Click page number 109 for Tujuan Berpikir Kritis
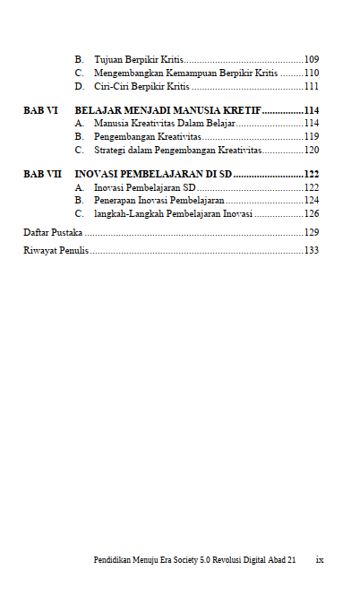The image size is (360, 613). (x=312, y=58)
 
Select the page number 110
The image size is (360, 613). (x=312, y=73)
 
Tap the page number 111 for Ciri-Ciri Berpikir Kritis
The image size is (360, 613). (x=312, y=87)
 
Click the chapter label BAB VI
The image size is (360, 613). (x=40, y=109)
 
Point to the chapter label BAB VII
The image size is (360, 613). (x=42, y=174)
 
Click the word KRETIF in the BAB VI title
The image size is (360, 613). (x=239, y=109)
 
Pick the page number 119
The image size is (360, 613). (x=312, y=136)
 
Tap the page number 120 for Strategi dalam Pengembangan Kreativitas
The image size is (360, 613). (x=312, y=151)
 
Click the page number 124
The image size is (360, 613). (x=312, y=201)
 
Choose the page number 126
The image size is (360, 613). (x=312, y=214)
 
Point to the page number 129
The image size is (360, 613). (x=312, y=232)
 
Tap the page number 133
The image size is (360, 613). (x=312, y=250)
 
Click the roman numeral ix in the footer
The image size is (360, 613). (x=320, y=560)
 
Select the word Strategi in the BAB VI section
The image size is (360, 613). (x=111, y=151)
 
